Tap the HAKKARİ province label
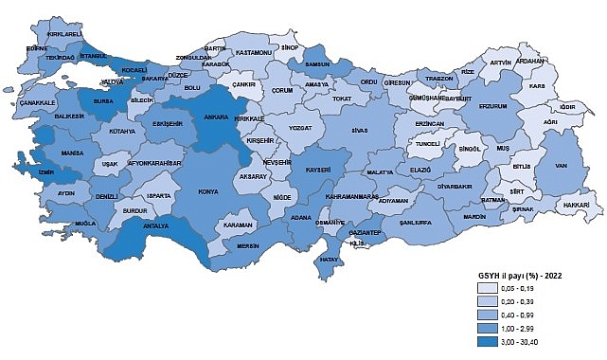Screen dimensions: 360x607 click(578, 205)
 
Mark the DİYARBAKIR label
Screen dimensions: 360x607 click(481, 187)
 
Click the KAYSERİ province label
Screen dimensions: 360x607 click(317, 170)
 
